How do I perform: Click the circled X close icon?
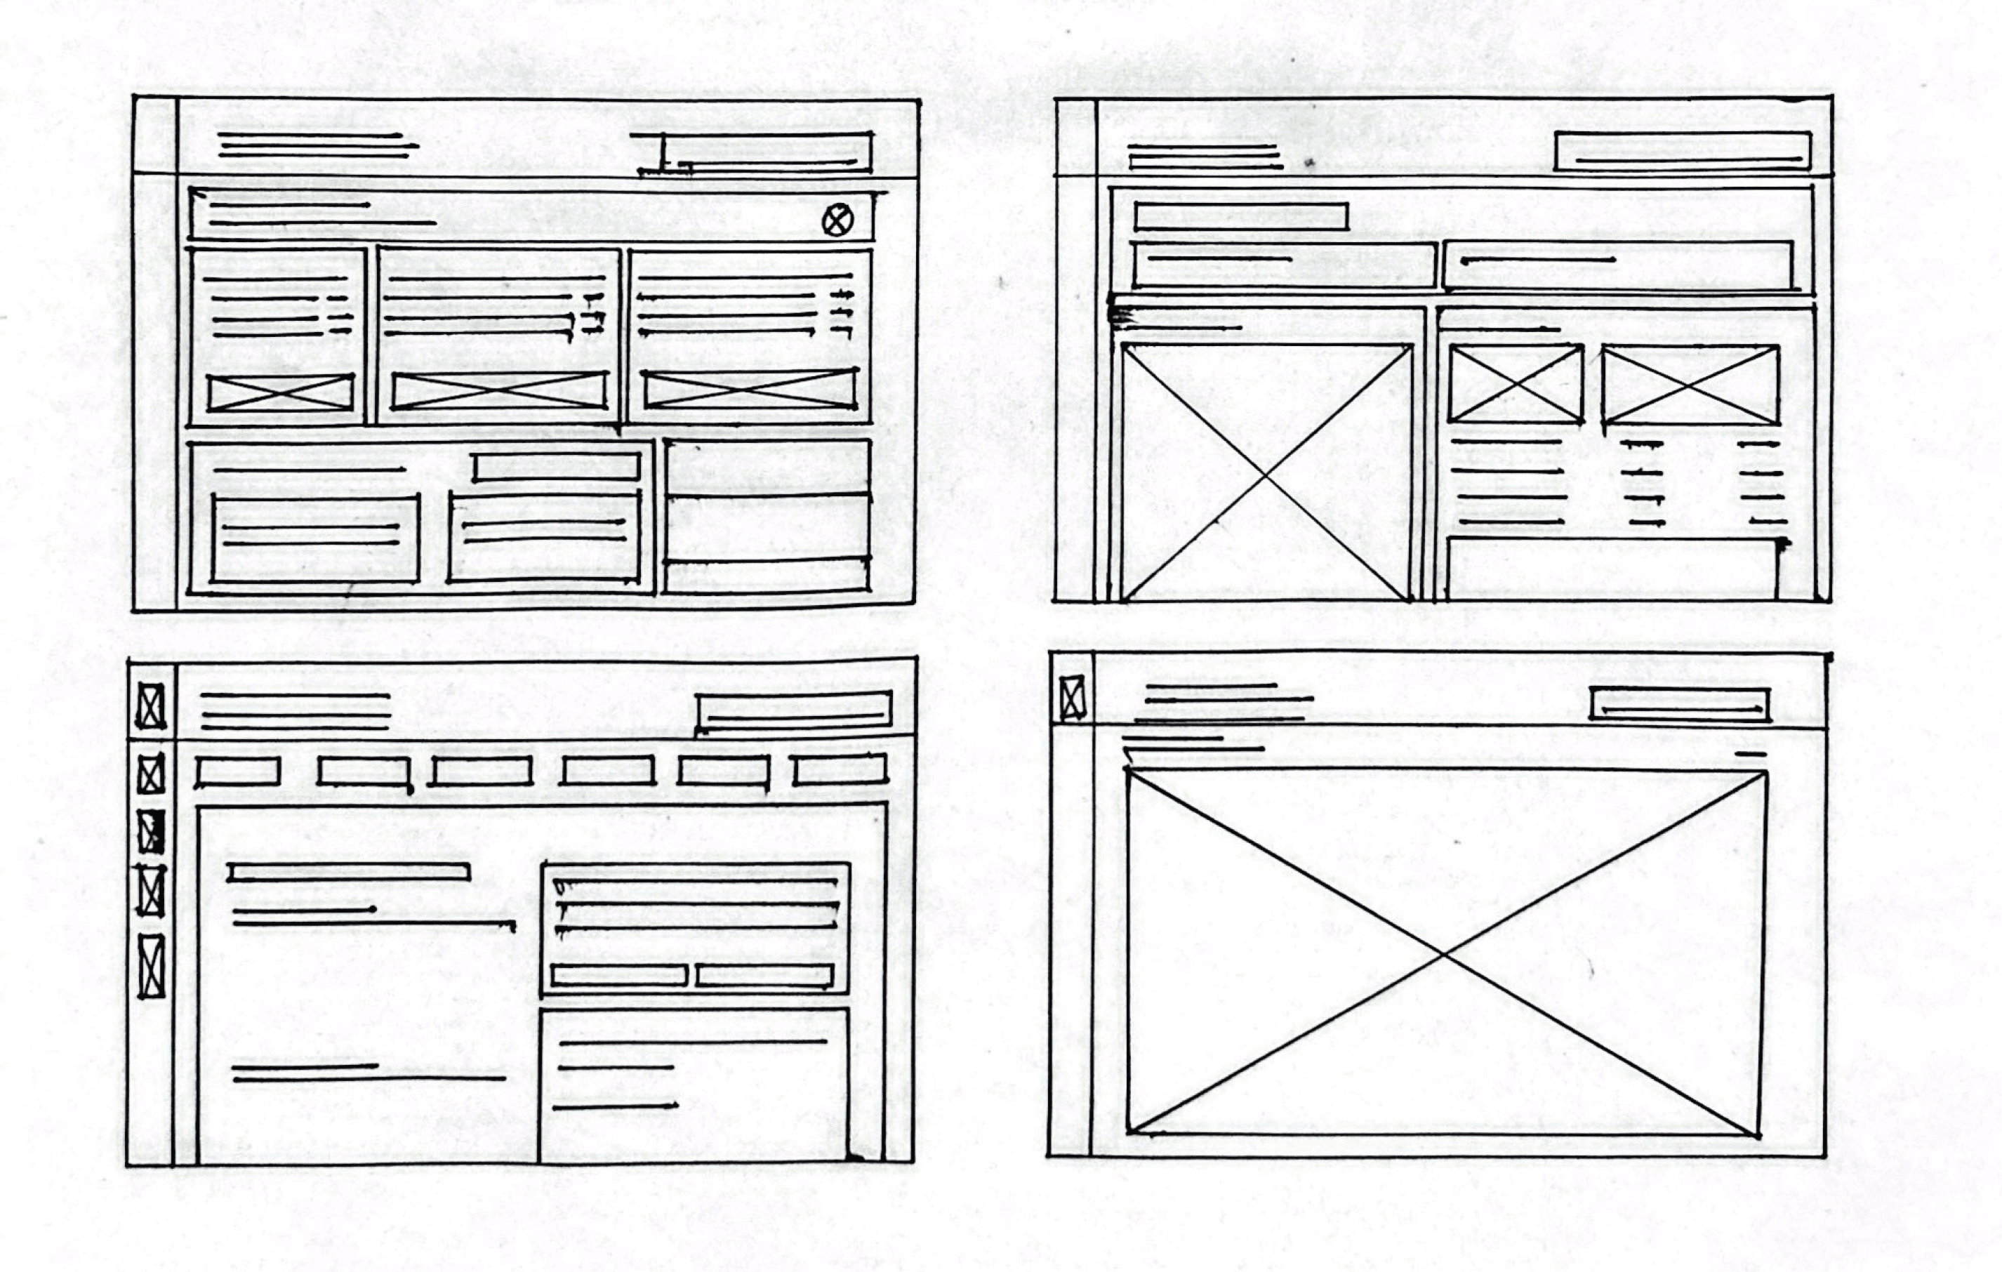point(837,220)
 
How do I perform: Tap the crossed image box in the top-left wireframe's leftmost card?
point(280,392)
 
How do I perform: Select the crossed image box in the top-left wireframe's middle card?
point(499,391)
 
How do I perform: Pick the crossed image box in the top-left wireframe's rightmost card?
point(750,389)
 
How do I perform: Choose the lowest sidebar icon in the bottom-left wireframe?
point(152,966)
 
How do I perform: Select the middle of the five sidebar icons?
point(150,832)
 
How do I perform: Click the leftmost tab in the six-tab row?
point(238,771)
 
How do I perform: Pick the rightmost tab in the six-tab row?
point(840,770)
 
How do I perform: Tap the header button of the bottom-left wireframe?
point(795,712)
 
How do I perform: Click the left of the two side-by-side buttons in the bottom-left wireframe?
point(618,975)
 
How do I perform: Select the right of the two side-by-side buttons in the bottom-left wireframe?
point(764,975)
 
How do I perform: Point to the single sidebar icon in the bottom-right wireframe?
point(1073,696)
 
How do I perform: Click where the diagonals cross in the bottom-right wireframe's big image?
point(1445,953)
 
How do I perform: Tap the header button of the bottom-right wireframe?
point(1679,704)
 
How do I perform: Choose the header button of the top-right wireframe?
point(1683,152)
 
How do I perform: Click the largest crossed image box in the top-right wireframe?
point(1266,472)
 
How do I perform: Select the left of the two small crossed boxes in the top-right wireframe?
point(1515,384)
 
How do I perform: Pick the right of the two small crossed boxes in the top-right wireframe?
point(1690,385)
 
